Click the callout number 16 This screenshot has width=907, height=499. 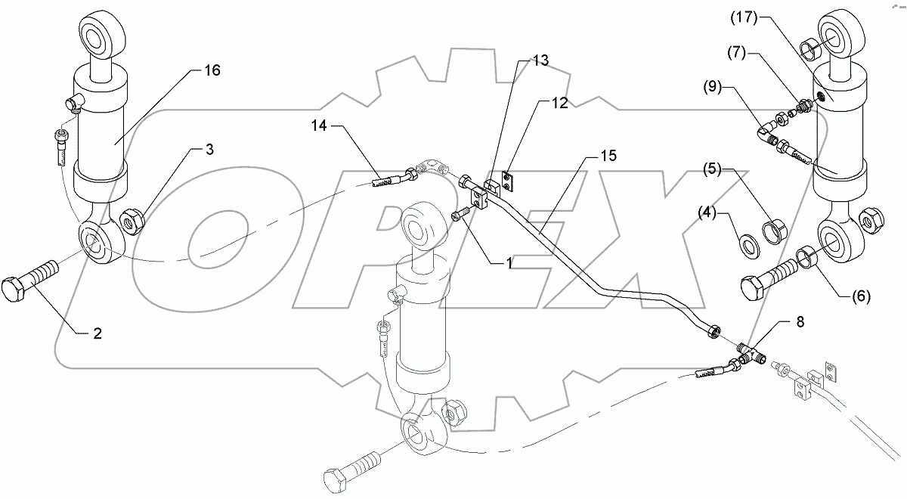tap(211, 70)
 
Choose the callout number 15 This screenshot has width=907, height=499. tap(608, 156)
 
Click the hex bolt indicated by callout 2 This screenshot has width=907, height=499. tap(31, 280)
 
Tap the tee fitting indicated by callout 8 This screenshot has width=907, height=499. tap(751, 352)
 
